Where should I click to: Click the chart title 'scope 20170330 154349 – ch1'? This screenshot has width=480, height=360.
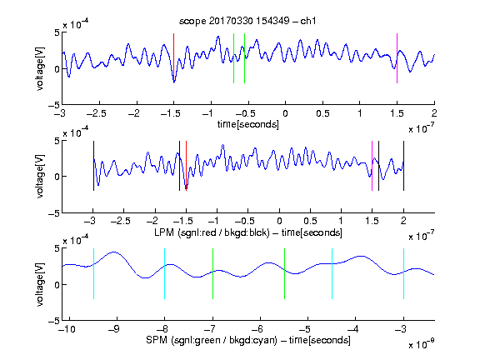coord(247,21)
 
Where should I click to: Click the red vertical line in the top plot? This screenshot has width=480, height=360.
coord(174,58)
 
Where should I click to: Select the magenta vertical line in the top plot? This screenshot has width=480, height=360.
coord(397,58)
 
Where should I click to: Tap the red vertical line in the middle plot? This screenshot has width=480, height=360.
coord(186,166)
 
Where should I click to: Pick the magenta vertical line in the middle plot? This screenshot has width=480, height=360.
coord(372,166)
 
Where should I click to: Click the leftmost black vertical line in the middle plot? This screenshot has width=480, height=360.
coord(93,166)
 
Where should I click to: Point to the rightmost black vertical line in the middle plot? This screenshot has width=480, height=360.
coord(403,166)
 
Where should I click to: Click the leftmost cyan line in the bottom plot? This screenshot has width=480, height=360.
coord(93,273)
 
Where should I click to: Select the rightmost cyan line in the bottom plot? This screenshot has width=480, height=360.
coord(403,273)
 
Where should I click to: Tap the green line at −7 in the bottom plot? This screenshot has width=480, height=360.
coord(212,273)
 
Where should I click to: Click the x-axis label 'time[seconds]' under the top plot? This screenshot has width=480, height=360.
coord(248,124)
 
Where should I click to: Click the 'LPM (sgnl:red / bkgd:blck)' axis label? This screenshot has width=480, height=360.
coord(212,232)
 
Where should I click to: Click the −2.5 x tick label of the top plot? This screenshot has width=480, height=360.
coord(96,113)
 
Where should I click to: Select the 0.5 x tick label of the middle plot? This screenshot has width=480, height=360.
coord(310,221)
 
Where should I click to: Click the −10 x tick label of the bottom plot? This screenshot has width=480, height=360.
coord(67,329)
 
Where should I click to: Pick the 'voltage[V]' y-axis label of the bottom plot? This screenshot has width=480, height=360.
coord(40,285)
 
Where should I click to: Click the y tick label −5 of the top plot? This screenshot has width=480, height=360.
coord(54,105)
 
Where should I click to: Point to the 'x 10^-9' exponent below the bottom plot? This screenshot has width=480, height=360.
coord(422,344)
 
